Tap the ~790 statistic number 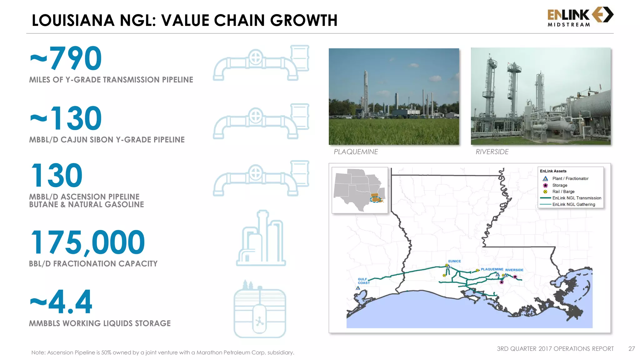[x=66, y=58]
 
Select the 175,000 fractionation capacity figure [x=88, y=242]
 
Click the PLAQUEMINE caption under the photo [x=356, y=152]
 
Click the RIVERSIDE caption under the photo [x=492, y=152]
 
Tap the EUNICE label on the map [x=454, y=261]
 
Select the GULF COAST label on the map [x=363, y=281]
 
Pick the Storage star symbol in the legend [x=545, y=185]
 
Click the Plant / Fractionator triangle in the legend [x=545, y=179]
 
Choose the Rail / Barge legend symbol [x=545, y=192]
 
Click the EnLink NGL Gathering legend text [x=573, y=205]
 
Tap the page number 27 [x=632, y=349]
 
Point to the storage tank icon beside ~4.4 [x=260, y=309]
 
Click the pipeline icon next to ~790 [x=261, y=62]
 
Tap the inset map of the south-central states [x=360, y=190]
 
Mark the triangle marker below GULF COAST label [x=358, y=288]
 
